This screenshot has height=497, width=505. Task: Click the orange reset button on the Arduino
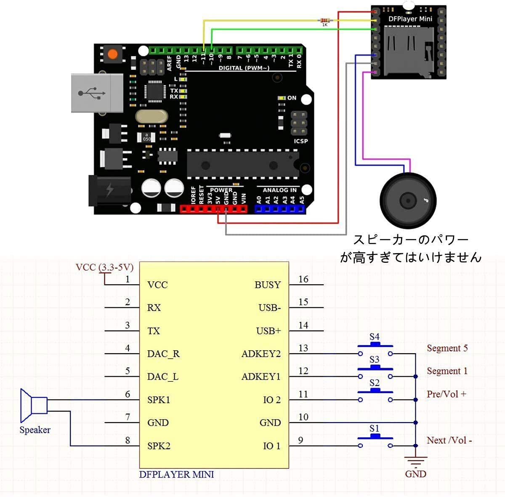112,54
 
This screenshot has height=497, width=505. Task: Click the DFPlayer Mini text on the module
410,19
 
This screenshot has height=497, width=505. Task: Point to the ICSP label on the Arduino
301,141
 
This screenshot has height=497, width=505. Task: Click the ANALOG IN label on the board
279,190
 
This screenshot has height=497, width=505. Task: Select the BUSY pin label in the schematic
267,285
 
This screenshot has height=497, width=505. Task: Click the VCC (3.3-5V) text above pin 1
104,267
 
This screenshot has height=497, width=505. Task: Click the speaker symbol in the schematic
34,405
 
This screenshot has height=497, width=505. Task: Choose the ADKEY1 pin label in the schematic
261,377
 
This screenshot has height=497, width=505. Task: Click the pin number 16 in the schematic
303,279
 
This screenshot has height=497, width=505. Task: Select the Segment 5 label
447,348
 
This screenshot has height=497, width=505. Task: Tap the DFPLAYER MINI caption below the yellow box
176,474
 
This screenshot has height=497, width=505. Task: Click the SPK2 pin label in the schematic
159,446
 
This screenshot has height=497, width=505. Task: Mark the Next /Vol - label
449,440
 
